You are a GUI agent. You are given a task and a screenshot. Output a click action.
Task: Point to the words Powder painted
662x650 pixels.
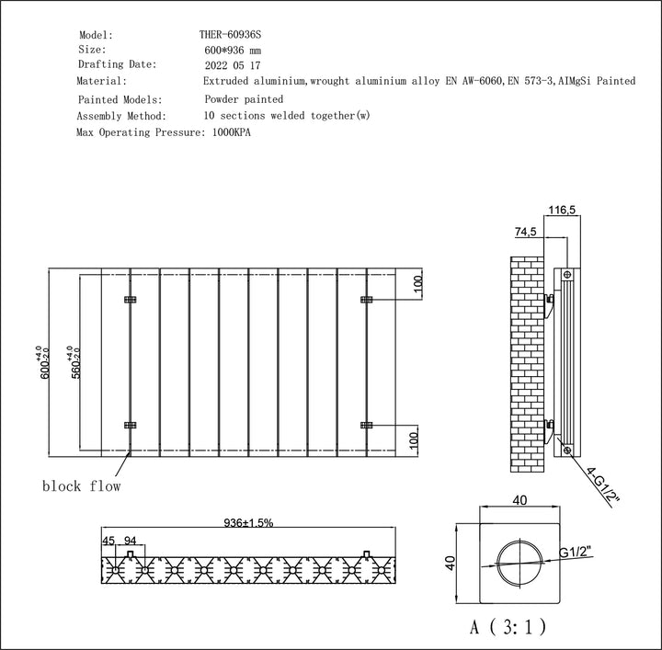tap(243, 98)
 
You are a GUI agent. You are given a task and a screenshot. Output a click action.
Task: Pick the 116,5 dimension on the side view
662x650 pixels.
tap(561, 211)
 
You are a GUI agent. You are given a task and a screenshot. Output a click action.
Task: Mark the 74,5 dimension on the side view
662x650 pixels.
tap(526, 233)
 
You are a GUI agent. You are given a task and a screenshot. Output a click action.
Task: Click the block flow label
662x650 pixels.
tap(81, 485)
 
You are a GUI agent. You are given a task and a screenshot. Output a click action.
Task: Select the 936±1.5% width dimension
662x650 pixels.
tap(247, 522)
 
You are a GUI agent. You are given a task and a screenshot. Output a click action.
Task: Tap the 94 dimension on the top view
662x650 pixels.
tap(131, 542)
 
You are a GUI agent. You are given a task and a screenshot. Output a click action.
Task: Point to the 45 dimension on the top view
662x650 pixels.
tap(110, 542)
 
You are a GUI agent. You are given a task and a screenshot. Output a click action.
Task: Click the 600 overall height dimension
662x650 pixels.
tap(42, 364)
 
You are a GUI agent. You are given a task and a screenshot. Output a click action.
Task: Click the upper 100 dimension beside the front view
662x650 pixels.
tap(416, 284)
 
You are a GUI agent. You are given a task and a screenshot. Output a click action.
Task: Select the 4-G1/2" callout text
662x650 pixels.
tap(605, 487)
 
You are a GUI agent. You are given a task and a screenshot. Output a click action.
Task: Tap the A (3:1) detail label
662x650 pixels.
tap(506, 627)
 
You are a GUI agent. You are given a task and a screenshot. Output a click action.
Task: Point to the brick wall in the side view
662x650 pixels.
tap(528, 363)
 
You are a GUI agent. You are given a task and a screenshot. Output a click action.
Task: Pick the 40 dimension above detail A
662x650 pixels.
tap(520, 501)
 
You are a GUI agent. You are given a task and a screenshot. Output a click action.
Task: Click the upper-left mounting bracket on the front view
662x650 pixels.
tap(130, 301)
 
